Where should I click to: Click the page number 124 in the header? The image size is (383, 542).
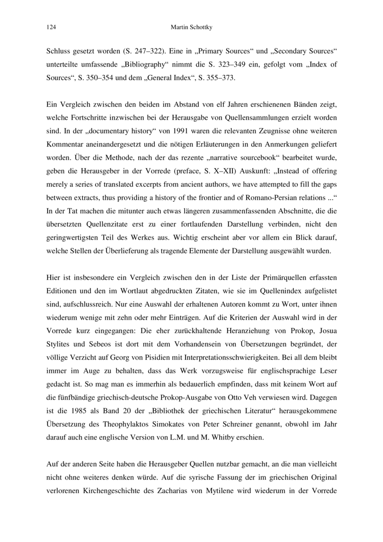coord(50,28)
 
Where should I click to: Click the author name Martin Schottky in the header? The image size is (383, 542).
coord(191,28)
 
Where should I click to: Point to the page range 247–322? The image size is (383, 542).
coord(141,50)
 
